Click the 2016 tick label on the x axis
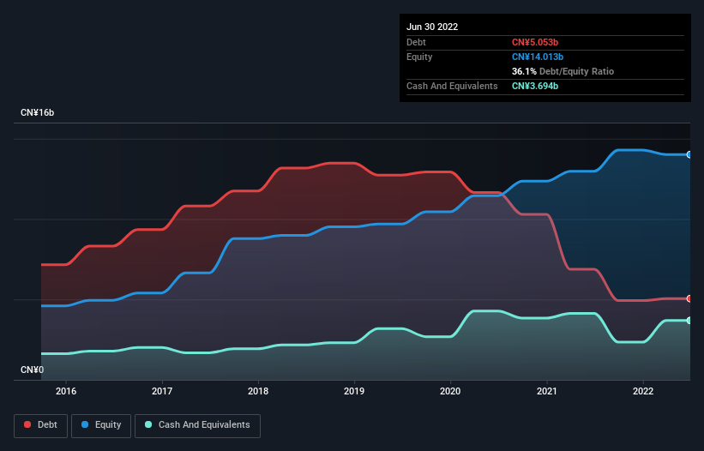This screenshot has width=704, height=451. click(x=65, y=391)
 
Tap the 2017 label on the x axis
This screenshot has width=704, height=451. click(x=161, y=391)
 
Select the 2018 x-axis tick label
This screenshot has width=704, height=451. click(x=258, y=391)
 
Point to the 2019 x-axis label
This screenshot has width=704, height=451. click(x=354, y=391)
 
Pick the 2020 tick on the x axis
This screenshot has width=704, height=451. click(x=450, y=391)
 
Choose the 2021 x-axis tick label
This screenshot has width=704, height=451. click(x=547, y=391)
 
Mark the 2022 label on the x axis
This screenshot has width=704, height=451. click(x=643, y=391)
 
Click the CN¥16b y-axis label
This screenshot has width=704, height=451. click(x=38, y=113)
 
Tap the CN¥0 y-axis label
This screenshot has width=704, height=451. click(x=32, y=370)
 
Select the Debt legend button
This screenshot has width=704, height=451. click(x=39, y=424)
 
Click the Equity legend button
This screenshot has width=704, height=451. click(x=101, y=424)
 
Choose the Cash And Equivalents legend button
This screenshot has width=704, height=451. click(x=197, y=424)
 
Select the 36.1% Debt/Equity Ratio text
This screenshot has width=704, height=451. click(x=563, y=71)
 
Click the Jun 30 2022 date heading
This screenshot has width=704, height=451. click(x=432, y=27)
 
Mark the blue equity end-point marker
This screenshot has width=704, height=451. click(x=689, y=154)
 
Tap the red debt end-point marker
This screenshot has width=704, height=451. click(x=689, y=298)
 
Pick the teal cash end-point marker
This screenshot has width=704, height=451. click(x=689, y=320)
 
